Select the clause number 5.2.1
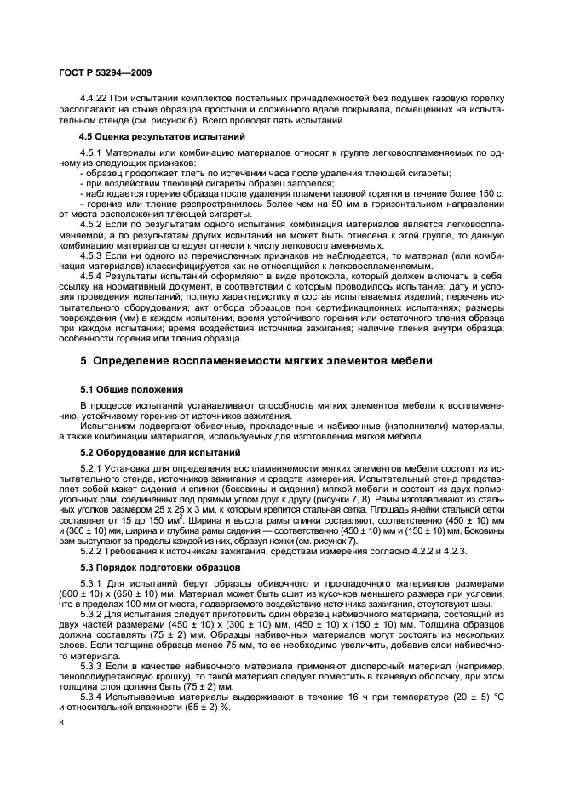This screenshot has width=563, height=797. [93, 468]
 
